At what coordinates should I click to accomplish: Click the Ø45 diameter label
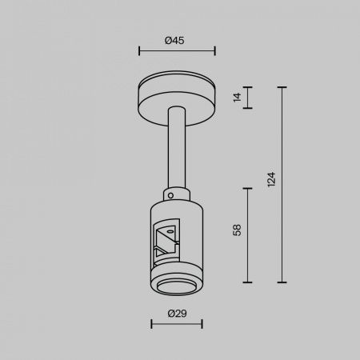[174, 41]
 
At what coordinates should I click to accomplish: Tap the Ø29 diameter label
[177, 314]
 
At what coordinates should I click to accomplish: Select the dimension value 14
[237, 98]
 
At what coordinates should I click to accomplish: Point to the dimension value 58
[237, 230]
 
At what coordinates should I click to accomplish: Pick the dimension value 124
[271, 179]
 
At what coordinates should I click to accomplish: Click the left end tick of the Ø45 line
[139, 50]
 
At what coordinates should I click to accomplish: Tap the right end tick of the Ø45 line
[215, 50]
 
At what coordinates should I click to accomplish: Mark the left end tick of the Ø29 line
[151, 324]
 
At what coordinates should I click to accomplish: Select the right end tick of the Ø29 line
[202, 324]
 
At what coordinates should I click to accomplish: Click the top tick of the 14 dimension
[248, 87]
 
